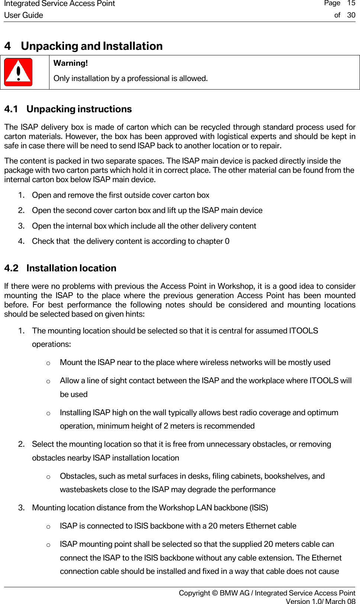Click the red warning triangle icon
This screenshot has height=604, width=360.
18,72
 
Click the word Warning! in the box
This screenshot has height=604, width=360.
71,63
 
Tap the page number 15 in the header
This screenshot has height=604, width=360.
351,3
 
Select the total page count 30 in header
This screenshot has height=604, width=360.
351,15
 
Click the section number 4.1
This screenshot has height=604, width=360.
11,109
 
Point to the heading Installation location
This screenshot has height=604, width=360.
71,268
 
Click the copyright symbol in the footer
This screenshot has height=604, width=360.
215,593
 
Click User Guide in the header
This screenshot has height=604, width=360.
23,15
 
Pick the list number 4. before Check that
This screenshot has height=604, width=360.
21,241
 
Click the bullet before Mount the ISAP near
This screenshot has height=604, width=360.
48,363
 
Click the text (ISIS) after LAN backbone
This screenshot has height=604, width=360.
258,508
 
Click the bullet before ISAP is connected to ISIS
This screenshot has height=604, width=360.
48,526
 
